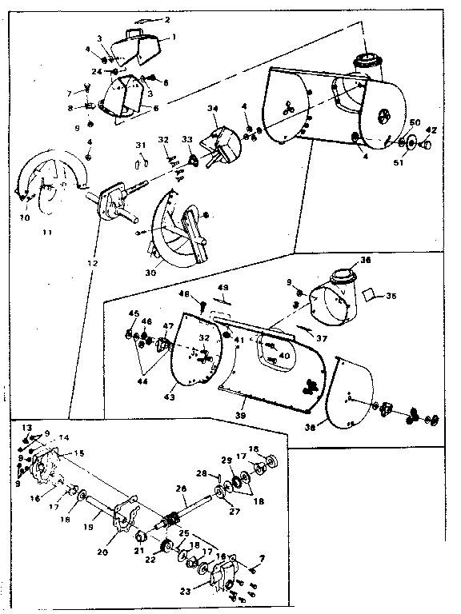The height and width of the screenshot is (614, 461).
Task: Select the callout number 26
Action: tap(180, 489)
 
